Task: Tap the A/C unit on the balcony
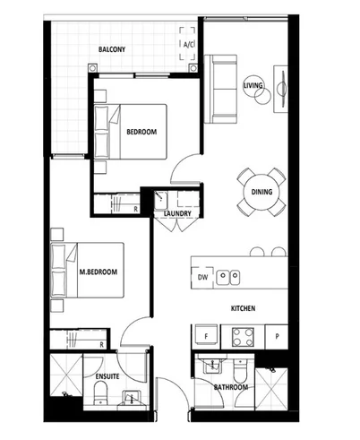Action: (x=189, y=44)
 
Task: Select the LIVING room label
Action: (x=253, y=85)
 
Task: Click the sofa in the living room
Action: (x=221, y=89)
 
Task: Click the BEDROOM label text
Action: (x=141, y=132)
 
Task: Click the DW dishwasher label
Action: (x=204, y=278)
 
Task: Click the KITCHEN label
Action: (x=243, y=309)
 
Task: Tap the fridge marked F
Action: (x=204, y=338)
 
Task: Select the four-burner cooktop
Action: (x=242, y=338)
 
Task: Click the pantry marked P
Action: (x=278, y=338)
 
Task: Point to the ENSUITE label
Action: (x=107, y=378)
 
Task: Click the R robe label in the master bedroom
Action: (x=103, y=343)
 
